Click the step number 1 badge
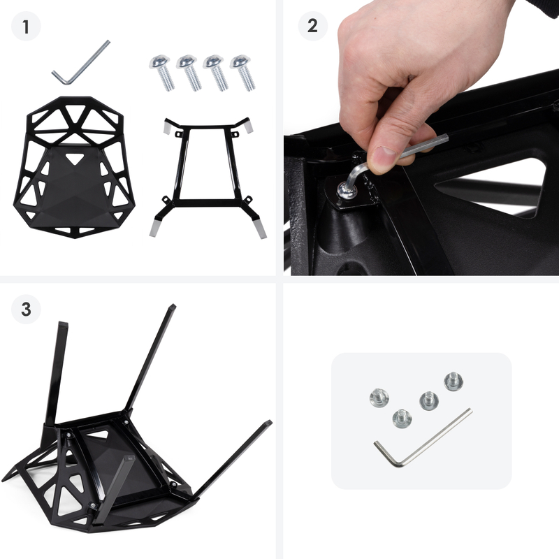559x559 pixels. tap(26, 27)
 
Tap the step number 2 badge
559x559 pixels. tap(312, 26)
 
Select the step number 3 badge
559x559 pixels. tap(26, 309)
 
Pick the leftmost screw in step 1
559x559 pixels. tap(162, 73)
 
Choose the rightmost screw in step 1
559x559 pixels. tap(242, 73)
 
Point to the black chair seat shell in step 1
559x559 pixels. tap(74, 167)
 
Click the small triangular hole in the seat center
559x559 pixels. tap(75, 158)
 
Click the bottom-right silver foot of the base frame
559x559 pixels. tap(260, 228)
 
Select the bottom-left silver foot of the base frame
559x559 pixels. tap(154, 228)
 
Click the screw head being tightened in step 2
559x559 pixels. tap(346, 190)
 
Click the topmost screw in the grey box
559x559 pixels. tap(453, 381)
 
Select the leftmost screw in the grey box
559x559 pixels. tap(379, 398)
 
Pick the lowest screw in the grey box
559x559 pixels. tap(402, 419)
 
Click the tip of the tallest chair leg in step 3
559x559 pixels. tap(172, 307)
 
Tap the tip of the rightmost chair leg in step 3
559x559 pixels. tap(268, 423)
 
